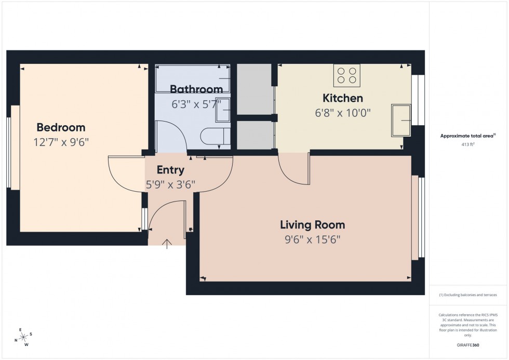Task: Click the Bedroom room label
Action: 61,127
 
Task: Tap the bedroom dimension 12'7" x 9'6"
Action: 61,142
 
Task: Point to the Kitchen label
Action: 343,98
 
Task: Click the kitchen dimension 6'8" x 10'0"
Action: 343,112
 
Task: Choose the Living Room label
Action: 312,225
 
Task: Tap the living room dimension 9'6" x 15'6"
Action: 312,239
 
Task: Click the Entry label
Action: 170,170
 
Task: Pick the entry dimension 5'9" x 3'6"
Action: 170,183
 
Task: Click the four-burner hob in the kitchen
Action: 347,75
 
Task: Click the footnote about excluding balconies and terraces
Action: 468,295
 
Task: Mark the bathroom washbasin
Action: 222,110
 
